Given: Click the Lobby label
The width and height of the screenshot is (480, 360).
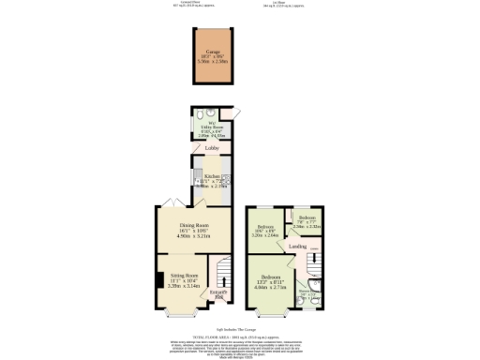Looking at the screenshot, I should click(x=212, y=147).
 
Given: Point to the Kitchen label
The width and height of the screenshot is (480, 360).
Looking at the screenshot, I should click(x=213, y=175).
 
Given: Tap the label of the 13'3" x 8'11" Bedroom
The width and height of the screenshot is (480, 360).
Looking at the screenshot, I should click(x=271, y=278).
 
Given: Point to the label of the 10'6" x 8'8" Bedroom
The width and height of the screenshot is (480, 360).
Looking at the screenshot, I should click(x=266, y=227).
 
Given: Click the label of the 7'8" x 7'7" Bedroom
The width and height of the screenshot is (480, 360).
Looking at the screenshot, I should click(x=307, y=217).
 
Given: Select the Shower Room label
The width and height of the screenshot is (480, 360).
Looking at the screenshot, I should click(x=306, y=292).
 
